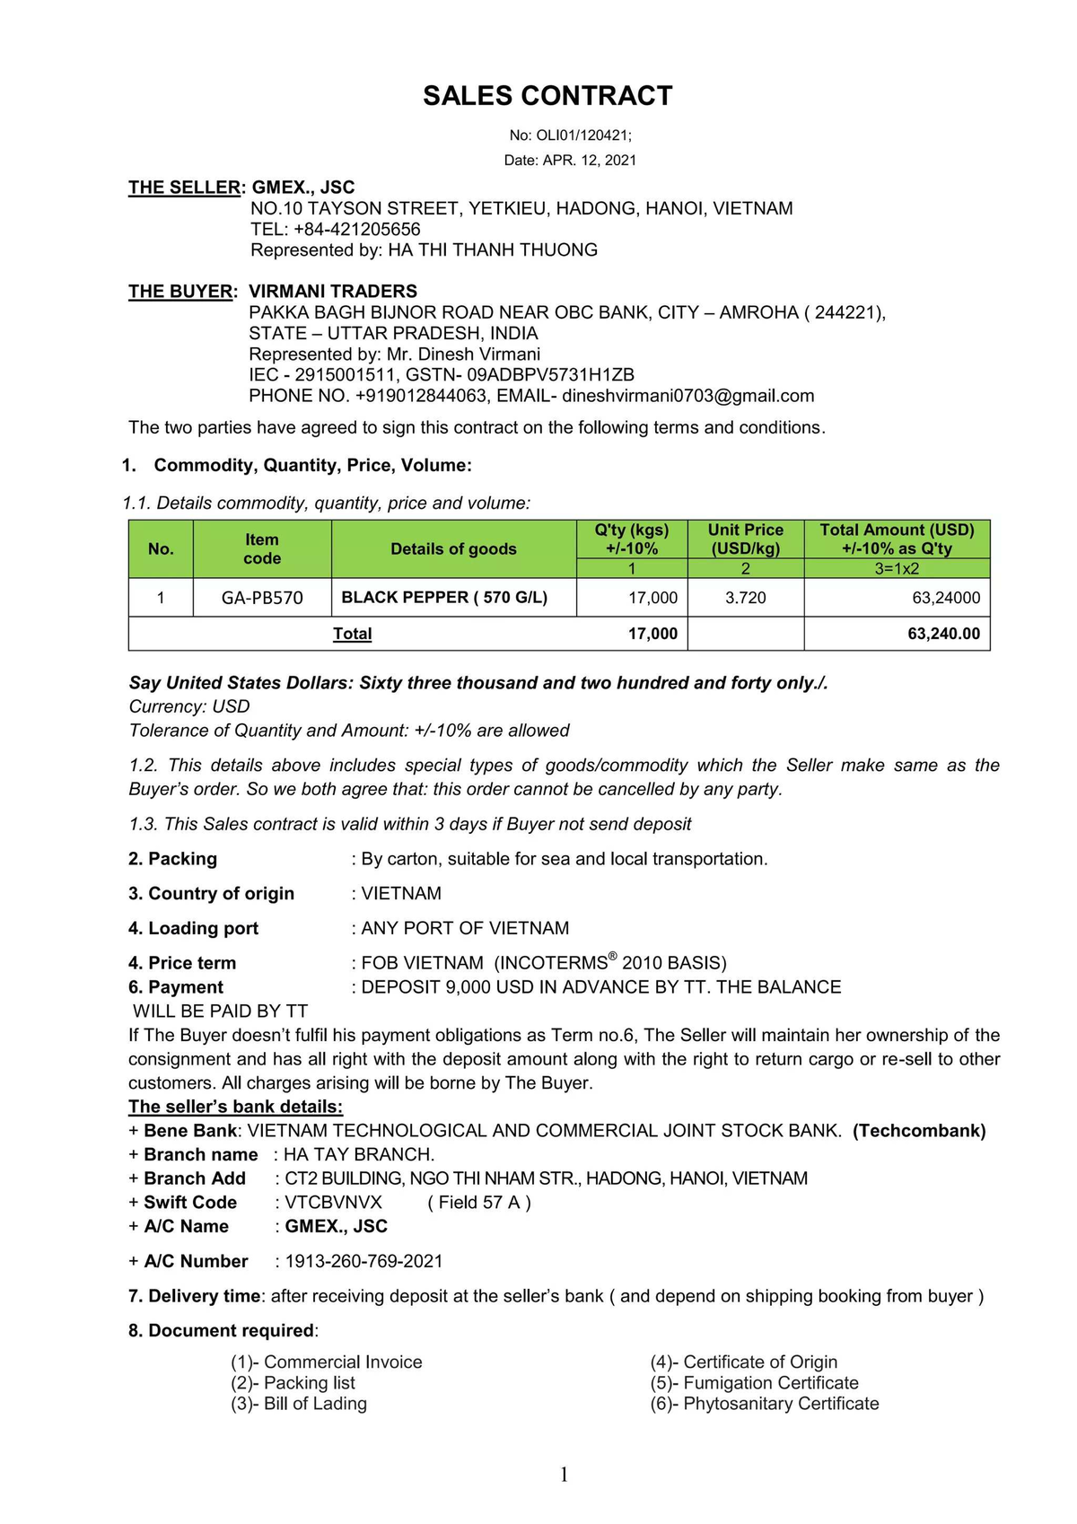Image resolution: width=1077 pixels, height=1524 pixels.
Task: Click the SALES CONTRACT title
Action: (x=547, y=96)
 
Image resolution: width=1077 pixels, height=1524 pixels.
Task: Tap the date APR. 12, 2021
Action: (x=590, y=161)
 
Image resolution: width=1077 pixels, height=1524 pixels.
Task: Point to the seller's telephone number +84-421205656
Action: (x=356, y=229)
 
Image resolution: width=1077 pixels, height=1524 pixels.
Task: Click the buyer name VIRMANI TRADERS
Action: (x=333, y=292)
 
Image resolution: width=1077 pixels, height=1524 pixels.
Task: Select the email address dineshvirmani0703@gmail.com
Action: (x=688, y=396)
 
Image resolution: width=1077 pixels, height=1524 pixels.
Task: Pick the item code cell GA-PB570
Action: (x=262, y=598)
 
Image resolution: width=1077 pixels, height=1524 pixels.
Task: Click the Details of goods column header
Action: (x=453, y=549)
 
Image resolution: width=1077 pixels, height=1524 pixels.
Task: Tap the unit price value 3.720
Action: (x=745, y=598)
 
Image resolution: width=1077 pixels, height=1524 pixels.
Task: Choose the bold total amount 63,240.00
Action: (x=943, y=634)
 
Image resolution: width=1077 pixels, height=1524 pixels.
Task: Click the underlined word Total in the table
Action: (x=352, y=634)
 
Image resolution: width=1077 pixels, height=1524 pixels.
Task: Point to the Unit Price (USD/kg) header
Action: (x=745, y=539)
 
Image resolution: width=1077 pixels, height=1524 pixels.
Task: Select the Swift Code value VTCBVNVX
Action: (x=333, y=1203)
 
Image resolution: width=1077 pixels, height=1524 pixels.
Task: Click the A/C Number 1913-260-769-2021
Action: (x=363, y=1262)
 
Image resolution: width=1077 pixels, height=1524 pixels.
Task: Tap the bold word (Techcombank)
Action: (x=919, y=1131)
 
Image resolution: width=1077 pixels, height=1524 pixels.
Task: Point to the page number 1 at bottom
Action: (x=564, y=1475)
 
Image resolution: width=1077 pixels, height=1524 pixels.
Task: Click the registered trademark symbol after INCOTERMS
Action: (x=612, y=957)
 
